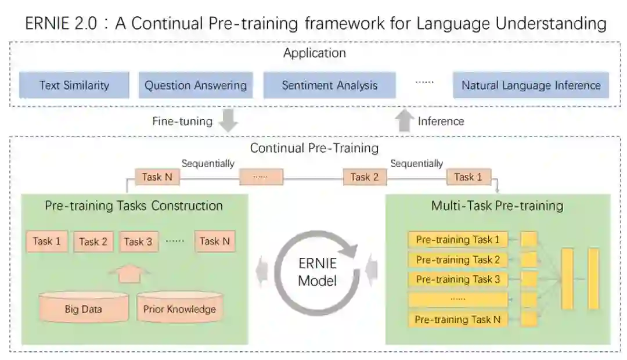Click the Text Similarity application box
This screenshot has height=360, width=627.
click(74, 85)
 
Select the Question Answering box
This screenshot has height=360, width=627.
click(196, 85)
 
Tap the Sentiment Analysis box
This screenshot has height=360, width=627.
click(329, 85)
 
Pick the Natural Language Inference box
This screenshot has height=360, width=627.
click(531, 85)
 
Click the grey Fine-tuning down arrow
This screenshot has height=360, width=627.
click(230, 121)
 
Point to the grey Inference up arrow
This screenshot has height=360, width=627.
click(403, 121)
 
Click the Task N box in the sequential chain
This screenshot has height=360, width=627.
click(157, 177)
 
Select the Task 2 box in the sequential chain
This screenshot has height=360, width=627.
click(364, 177)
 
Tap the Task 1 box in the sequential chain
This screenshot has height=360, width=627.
click(468, 177)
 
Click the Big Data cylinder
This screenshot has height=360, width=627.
click(84, 308)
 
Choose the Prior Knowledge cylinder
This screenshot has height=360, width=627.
click(179, 308)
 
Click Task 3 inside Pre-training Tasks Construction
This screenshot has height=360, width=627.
click(138, 242)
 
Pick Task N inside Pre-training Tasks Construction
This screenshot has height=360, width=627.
click(215, 242)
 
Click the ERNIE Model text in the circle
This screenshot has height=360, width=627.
click(317, 272)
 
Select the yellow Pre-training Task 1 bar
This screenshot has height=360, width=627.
click(457, 239)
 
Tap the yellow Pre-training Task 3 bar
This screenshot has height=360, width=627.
click(457, 279)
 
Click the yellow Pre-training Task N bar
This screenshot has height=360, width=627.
click(457, 319)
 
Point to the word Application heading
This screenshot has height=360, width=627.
click(314, 53)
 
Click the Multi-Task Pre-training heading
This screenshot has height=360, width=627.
click(497, 206)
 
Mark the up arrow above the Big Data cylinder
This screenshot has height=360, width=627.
click(129, 272)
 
